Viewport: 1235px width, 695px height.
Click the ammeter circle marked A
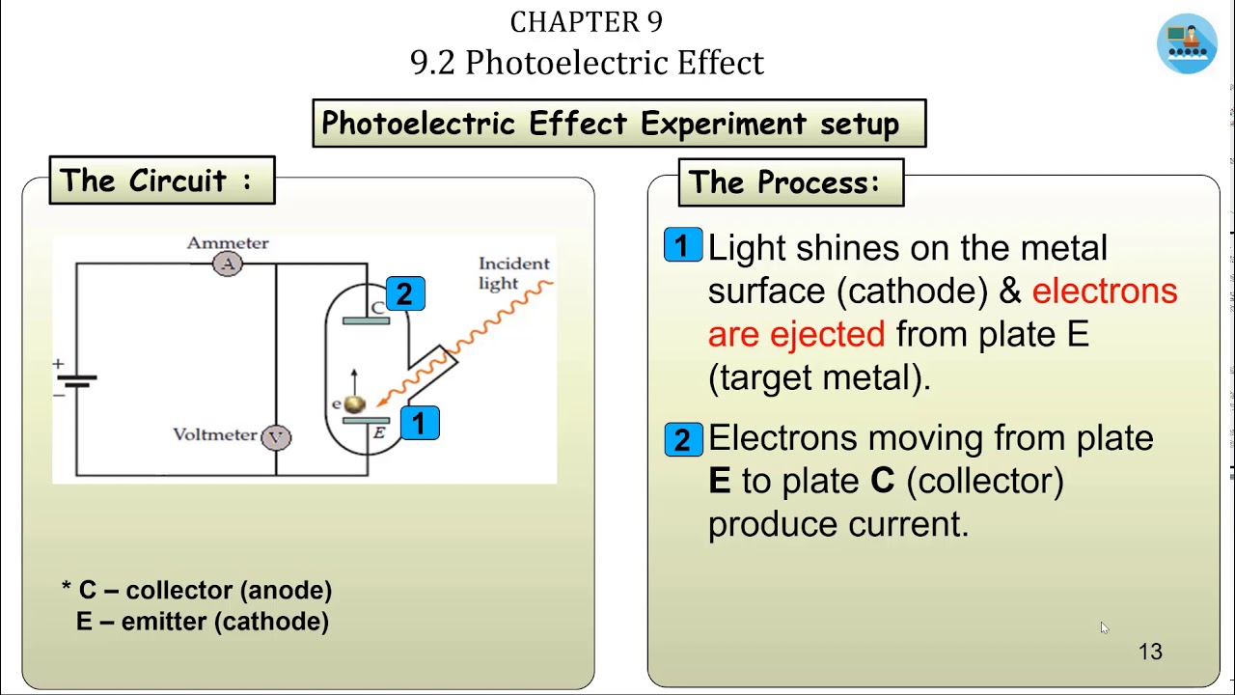pyautogui.click(x=228, y=264)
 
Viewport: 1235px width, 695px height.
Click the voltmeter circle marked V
pyautogui.click(x=276, y=437)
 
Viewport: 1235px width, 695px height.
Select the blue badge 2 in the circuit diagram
pyautogui.click(x=404, y=294)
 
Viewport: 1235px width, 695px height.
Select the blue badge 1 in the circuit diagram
pyautogui.click(x=419, y=424)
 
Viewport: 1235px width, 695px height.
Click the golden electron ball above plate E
pyautogui.click(x=354, y=404)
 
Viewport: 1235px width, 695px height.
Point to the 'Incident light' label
pyautogui.click(x=512, y=273)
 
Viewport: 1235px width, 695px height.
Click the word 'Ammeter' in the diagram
pyautogui.click(x=228, y=243)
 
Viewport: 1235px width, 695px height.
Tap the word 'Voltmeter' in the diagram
pyautogui.click(x=214, y=434)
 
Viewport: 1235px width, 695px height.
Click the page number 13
pyautogui.click(x=1150, y=653)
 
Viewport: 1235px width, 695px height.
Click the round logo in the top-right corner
pyautogui.click(x=1187, y=43)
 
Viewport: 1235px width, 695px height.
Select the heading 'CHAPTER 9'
pyautogui.click(x=586, y=22)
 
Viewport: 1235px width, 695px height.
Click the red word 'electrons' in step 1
pyautogui.click(x=1104, y=292)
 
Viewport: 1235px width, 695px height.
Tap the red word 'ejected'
pyautogui.click(x=827, y=335)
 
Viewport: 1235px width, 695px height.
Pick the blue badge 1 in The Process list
pyautogui.click(x=683, y=246)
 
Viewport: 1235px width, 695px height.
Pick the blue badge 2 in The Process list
pyautogui.click(x=683, y=440)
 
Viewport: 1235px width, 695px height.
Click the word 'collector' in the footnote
pyautogui.click(x=179, y=590)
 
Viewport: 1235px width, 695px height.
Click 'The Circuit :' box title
pyautogui.click(x=162, y=181)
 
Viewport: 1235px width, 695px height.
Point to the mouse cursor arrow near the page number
pyautogui.click(x=1104, y=627)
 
